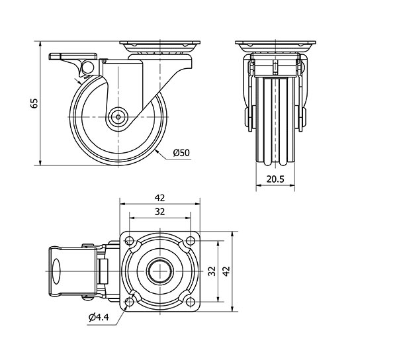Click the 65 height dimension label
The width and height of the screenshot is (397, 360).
[x=34, y=103]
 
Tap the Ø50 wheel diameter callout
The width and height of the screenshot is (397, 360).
[x=181, y=153]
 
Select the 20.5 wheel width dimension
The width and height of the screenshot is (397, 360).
[x=275, y=179]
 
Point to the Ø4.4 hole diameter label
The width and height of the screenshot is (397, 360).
[x=99, y=317]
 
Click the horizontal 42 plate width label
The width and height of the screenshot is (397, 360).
[x=159, y=198]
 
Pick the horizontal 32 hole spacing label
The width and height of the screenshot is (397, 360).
[x=159, y=212]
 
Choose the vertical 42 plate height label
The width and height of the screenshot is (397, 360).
[x=226, y=271]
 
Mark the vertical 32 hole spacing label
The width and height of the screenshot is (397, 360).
[x=212, y=271]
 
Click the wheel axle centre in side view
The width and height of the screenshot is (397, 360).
[x=118, y=117]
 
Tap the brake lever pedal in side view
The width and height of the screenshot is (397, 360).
[x=73, y=56]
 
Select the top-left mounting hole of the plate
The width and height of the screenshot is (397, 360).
[x=130, y=240]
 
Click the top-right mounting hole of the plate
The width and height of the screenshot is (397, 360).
[x=190, y=240]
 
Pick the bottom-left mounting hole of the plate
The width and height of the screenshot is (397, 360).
[x=130, y=302]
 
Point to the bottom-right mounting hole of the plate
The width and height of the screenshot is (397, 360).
[x=190, y=302]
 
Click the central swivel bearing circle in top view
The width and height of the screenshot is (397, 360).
[x=160, y=271]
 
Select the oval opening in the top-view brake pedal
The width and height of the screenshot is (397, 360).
[x=56, y=271]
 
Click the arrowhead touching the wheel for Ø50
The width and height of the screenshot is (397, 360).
[x=157, y=152]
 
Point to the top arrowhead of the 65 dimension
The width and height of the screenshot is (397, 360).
[x=40, y=44]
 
